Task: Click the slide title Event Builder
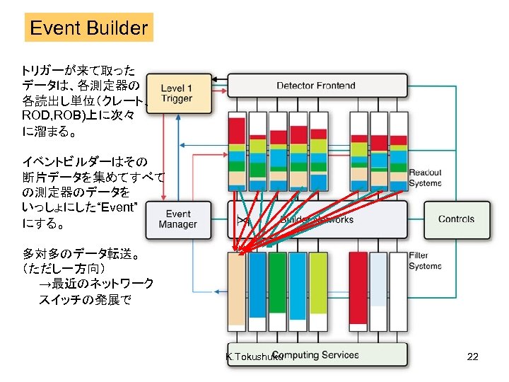[89, 28]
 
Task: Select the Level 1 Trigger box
[179, 93]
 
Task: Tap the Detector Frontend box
[316, 86]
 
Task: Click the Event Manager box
[178, 219]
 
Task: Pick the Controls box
[456, 219]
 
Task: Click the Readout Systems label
[425, 178]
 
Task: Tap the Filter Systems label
[425, 260]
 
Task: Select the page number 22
[473, 357]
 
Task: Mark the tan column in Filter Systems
[236, 291]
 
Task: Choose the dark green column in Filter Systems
[277, 291]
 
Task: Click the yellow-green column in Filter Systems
[318, 291]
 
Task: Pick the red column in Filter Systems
[358, 291]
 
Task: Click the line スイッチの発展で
[85, 299]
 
